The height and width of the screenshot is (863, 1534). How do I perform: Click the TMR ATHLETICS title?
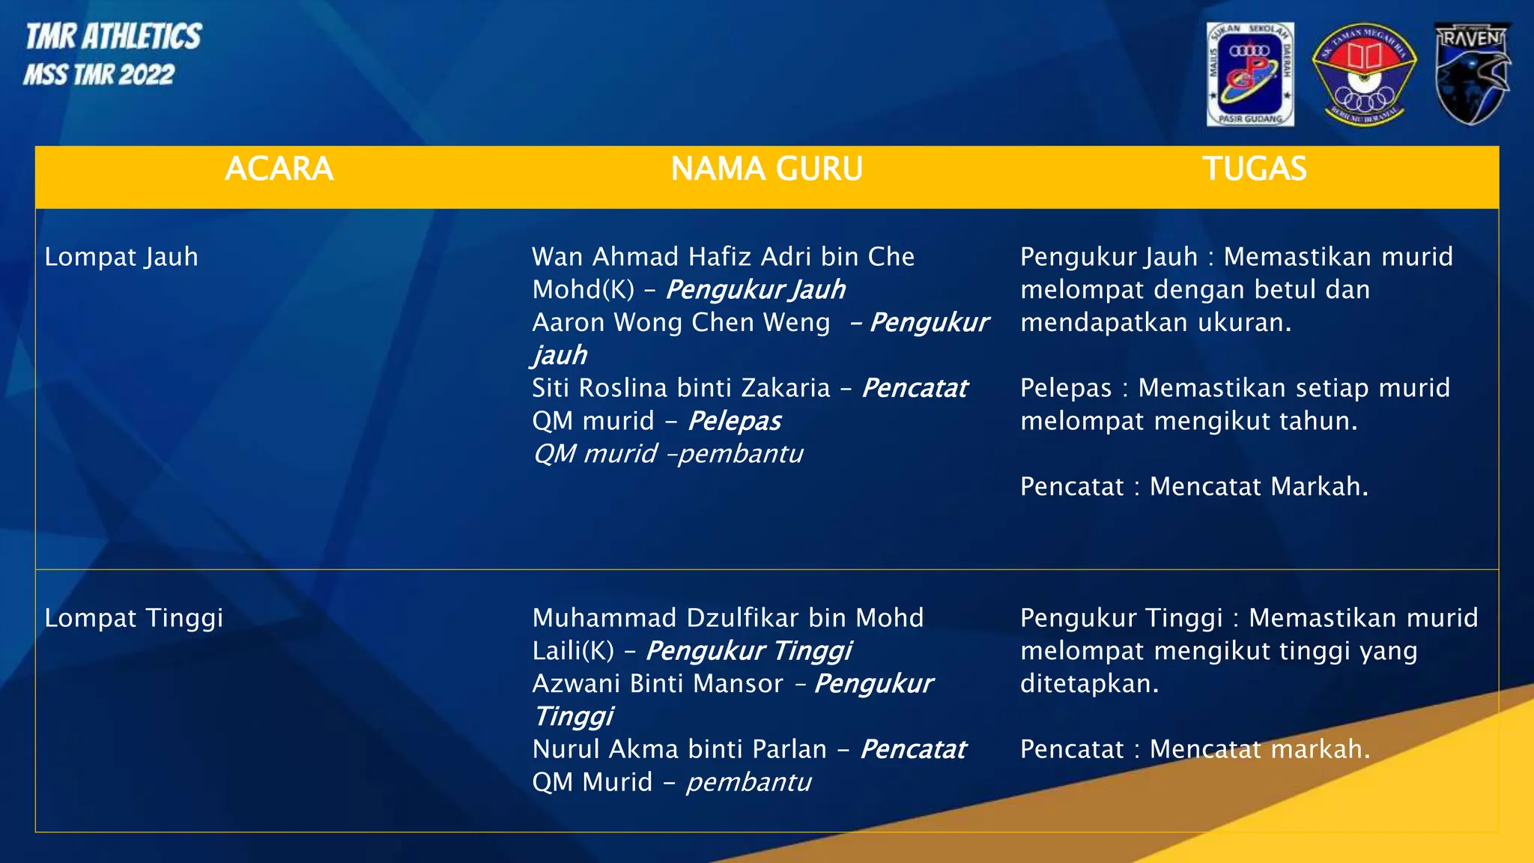114,37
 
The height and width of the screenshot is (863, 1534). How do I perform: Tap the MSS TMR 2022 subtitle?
99,75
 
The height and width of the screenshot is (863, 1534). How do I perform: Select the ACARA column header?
279,169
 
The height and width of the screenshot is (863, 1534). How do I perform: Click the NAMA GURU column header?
766,169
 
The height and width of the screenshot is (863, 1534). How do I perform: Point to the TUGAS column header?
1254,169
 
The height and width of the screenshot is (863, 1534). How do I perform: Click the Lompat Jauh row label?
121,257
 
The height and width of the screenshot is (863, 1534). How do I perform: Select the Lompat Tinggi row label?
134,618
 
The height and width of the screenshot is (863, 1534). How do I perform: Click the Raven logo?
1472,73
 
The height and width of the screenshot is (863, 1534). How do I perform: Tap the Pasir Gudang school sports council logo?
1250,73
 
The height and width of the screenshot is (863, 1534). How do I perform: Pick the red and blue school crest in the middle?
1363,73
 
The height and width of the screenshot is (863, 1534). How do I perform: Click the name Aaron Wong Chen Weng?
681,322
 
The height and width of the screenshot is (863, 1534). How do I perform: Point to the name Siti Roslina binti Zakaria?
681,388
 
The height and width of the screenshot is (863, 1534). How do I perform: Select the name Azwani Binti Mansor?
658,683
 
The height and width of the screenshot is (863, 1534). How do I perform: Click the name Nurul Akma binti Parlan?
679,749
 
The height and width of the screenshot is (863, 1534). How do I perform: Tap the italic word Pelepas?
734,421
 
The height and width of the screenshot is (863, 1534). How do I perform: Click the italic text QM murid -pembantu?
667,454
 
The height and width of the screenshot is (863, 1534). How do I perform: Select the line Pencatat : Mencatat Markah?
1194,487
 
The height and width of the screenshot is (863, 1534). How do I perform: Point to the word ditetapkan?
1089,683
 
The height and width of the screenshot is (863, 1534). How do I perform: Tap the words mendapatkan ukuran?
1156,322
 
